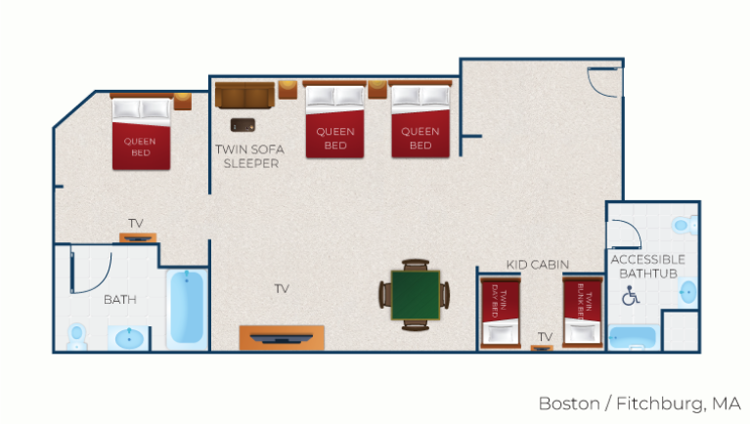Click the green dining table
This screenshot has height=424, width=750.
point(416,295)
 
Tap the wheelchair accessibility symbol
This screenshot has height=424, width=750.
point(631,295)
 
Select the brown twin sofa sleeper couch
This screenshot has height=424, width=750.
point(244,95)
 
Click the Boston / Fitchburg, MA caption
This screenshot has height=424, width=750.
point(640,403)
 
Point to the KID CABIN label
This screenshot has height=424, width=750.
point(537,265)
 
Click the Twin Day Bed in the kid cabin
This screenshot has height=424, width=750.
point(501,313)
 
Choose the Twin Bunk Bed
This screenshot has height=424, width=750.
point(582,312)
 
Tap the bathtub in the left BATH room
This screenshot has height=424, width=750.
point(187,307)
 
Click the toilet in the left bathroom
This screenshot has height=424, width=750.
point(76,337)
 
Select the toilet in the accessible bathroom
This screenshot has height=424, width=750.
point(684,225)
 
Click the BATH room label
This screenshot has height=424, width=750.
point(120,300)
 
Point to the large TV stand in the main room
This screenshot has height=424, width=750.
point(282,338)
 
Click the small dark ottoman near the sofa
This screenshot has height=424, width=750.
point(243,125)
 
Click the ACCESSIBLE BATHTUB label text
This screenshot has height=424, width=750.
point(648,267)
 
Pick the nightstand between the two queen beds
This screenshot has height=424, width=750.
point(377,90)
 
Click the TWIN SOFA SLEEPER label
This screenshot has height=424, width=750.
point(249,156)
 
